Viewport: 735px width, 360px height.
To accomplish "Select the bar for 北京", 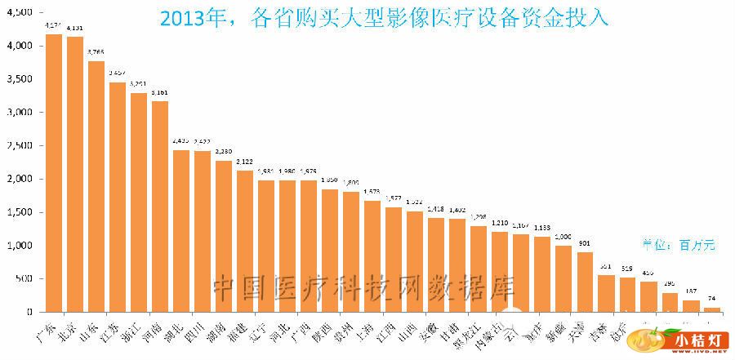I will pos(75,175).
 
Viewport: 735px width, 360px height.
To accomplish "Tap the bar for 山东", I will pos(96,187).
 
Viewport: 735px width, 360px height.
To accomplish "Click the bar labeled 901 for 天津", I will pos(585,282).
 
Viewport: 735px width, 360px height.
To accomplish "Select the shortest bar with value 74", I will pos(713,309).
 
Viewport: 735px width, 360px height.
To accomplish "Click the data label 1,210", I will pos(500,222).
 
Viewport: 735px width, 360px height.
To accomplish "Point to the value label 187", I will pos(691,291).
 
